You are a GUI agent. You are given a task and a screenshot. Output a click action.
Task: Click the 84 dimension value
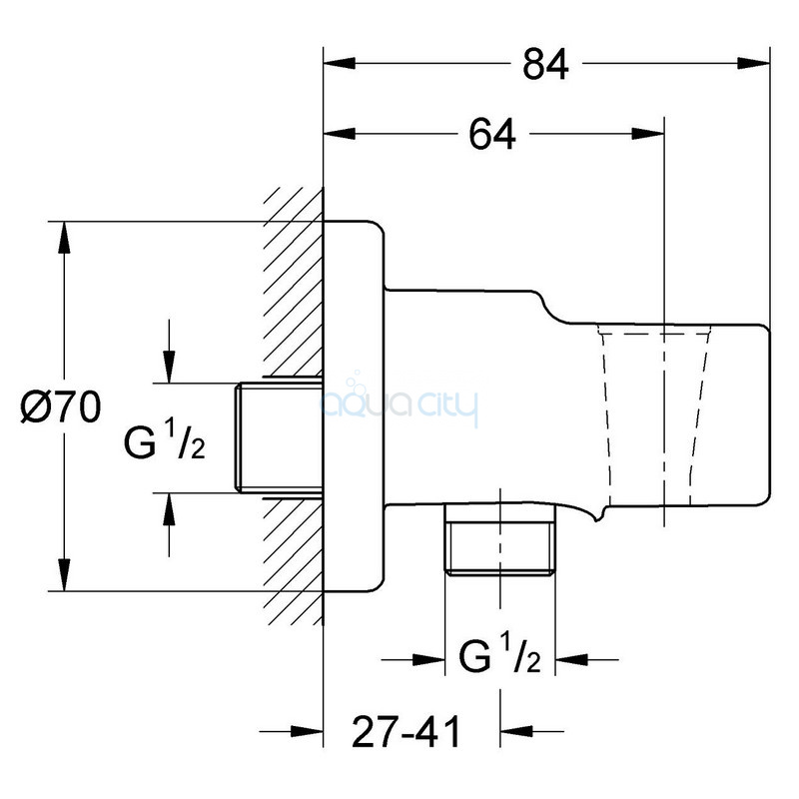point(545,65)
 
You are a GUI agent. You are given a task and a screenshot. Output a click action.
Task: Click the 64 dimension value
point(491,134)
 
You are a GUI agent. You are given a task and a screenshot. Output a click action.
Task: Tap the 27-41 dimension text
point(406,732)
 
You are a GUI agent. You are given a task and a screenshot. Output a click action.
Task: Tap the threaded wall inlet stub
point(279,437)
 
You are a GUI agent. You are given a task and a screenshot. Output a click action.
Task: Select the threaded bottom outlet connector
point(500,539)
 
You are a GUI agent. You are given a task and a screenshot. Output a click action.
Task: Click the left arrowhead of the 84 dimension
point(339,63)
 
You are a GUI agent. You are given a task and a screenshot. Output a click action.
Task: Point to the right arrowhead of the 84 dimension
point(754,63)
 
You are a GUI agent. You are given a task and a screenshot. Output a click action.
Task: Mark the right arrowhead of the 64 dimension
point(648,134)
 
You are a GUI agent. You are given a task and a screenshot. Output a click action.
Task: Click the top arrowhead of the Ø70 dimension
point(64,238)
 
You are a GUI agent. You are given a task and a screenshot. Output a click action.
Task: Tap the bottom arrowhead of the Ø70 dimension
point(64,575)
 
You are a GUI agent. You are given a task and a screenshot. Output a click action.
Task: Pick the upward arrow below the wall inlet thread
point(169,525)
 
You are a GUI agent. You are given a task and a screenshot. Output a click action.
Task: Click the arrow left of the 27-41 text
point(291,732)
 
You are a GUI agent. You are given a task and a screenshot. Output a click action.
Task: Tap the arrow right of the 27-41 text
point(532,732)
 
